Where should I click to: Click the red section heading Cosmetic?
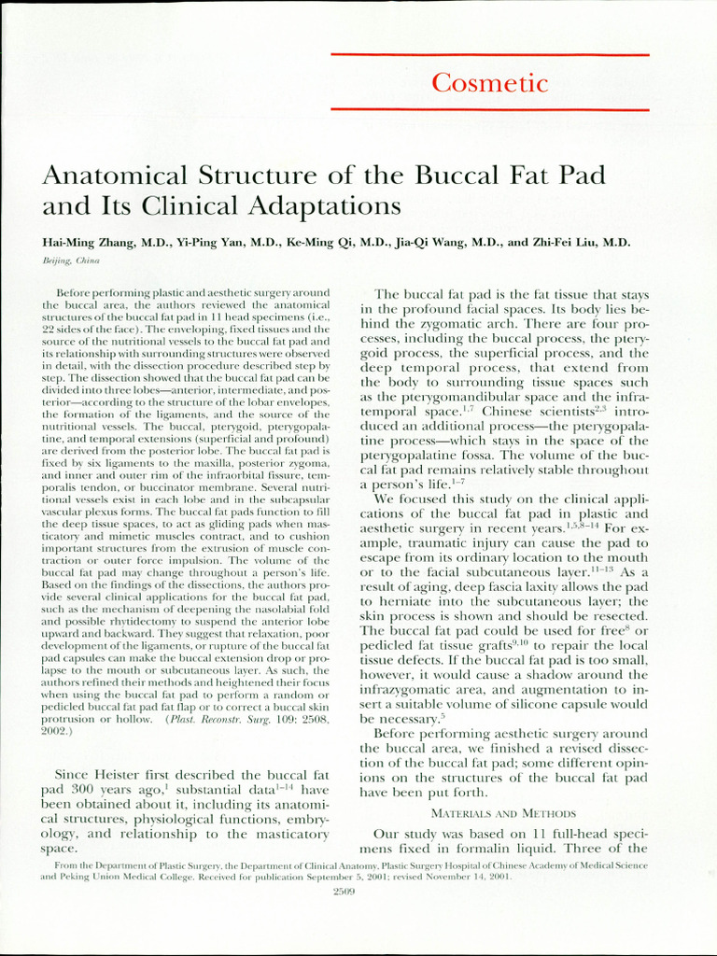point(489,83)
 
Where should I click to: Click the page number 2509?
point(346,892)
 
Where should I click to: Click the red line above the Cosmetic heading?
point(489,55)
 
